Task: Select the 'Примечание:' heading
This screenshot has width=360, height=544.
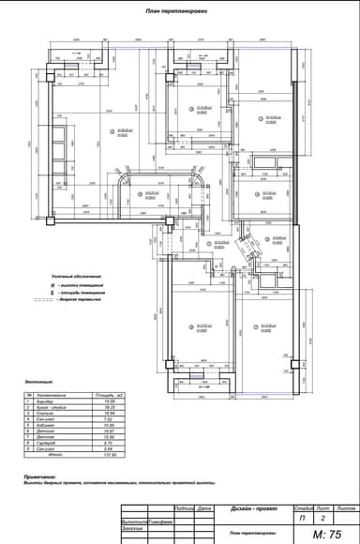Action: coord(38,476)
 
